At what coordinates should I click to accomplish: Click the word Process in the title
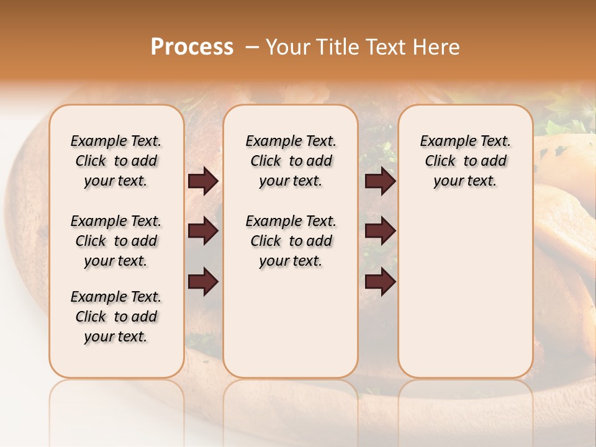tap(192, 47)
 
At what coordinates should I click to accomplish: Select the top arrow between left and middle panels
tap(203, 181)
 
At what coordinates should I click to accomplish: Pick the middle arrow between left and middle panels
tap(203, 232)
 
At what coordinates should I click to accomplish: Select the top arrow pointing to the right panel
tap(380, 181)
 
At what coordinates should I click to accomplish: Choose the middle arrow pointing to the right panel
tap(380, 232)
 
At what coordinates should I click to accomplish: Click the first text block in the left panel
tap(116, 161)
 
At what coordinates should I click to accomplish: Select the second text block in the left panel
tap(116, 241)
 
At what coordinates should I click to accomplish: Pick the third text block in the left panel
tap(116, 317)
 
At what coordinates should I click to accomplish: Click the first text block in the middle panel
tap(291, 161)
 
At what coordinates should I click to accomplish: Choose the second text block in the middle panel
tap(291, 241)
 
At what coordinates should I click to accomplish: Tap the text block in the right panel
tap(465, 161)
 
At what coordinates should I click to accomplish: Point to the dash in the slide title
tap(251, 47)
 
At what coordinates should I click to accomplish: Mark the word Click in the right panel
tap(440, 161)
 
